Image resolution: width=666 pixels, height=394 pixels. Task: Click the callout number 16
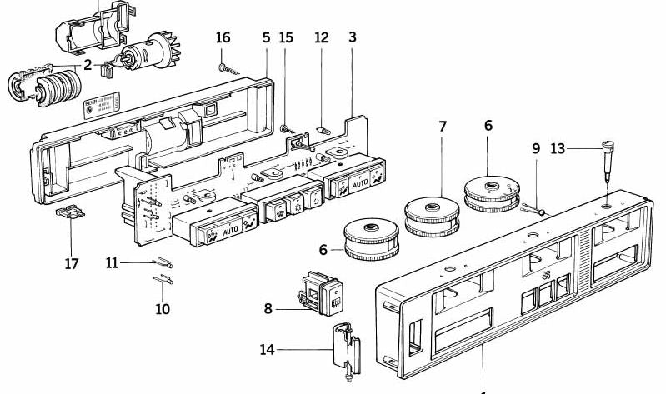pos(223,37)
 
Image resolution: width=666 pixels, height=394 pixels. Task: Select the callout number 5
pos(266,37)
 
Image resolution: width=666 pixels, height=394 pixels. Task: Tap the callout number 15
pos(287,37)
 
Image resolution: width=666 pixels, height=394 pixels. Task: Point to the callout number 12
pos(322,37)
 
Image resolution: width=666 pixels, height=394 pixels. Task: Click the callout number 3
pos(353,37)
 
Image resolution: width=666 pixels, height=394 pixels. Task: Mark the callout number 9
pos(536,150)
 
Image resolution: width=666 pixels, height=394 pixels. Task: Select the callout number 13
pos(558,149)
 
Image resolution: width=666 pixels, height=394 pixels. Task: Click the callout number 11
pos(113,263)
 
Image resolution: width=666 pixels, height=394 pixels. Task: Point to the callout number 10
pos(162,309)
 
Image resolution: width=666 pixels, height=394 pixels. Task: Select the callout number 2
pos(88,65)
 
